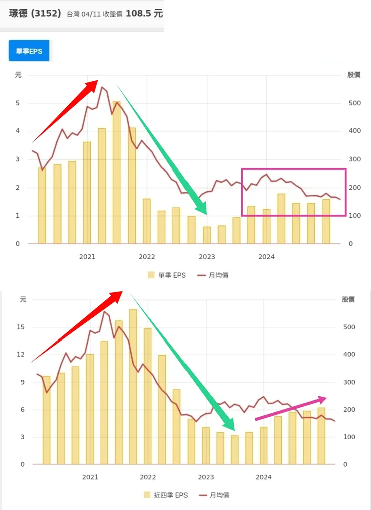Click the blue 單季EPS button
tap(29, 51)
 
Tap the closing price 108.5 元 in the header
tap(144, 13)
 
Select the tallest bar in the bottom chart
tap(133, 386)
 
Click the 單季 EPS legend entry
tap(167, 275)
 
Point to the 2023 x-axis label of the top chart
tap(207, 257)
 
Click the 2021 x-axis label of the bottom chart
tap(90, 477)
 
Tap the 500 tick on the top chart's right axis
tap(354, 103)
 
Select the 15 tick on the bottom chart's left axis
tap(21, 327)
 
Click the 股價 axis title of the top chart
tap(353, 75)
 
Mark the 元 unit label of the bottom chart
tap(23, 300)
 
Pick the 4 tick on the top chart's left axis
tap(17, 131)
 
